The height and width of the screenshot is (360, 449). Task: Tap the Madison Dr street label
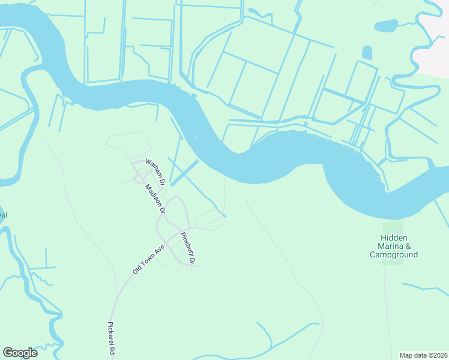pos(154,199)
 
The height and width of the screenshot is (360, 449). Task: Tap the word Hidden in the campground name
pos(394,238)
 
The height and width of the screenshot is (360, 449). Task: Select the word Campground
pos(394,254)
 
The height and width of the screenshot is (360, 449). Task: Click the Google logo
pos(20,353)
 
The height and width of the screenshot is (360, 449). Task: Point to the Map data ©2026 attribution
pos(423,355)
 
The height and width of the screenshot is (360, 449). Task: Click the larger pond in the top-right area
pos(386,26)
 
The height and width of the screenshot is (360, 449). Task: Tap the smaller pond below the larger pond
pos(367,53)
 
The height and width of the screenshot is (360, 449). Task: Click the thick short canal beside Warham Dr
pos(184,173)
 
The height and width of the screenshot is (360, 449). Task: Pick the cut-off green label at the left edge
pos(3,214)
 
